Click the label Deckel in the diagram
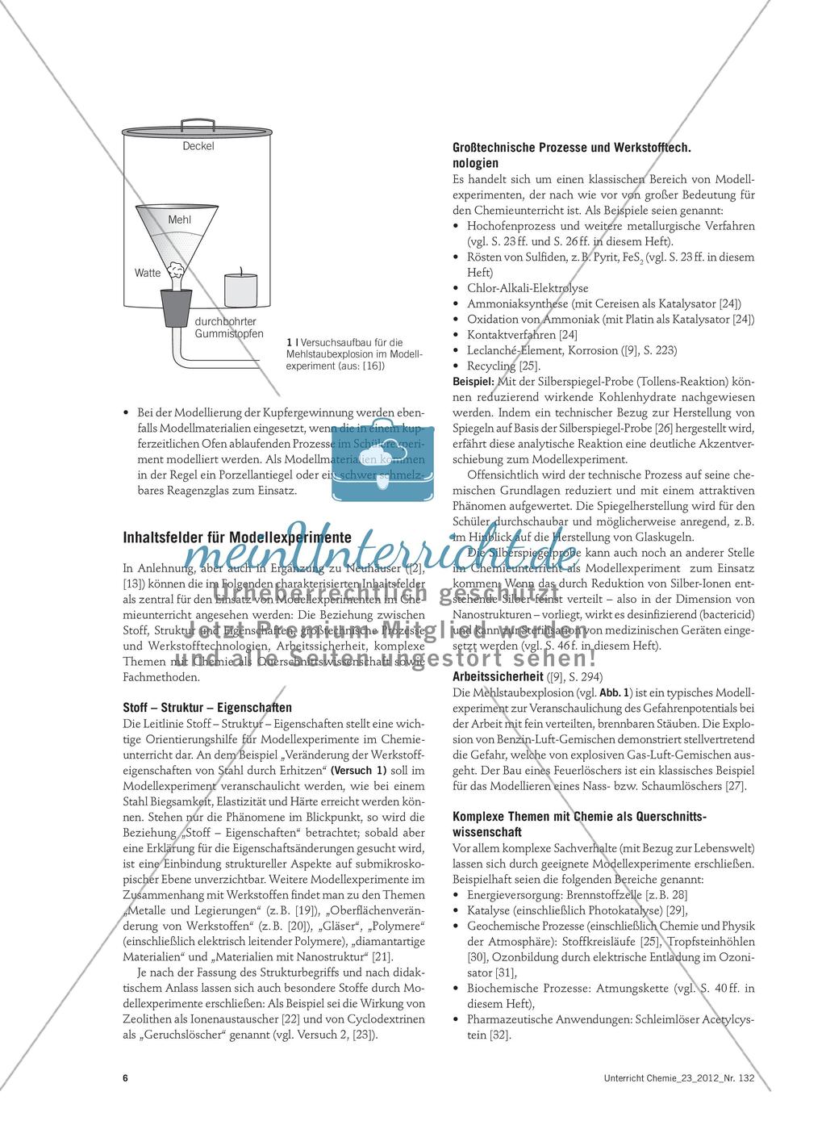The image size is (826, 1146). click(x=198, y=146)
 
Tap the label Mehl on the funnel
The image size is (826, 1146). click(x=178, y=220)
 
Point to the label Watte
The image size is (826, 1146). click(x=148, y=273)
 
